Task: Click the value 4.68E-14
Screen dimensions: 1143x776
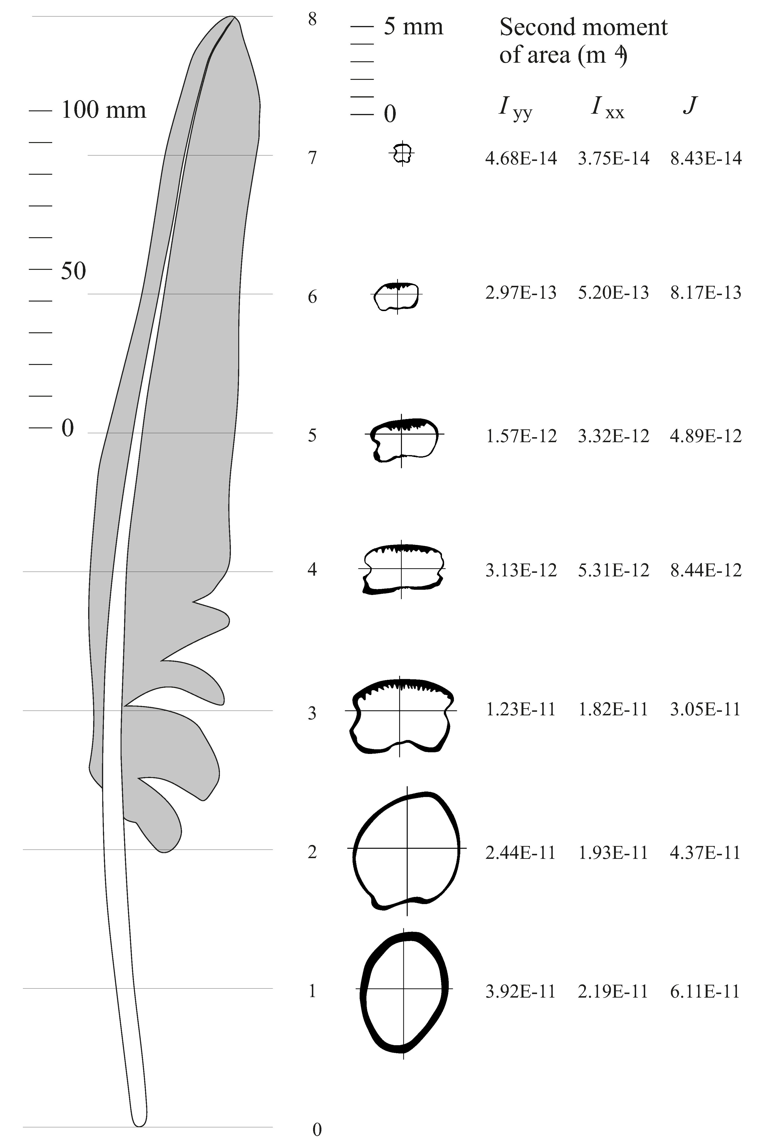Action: (x=521, y=158)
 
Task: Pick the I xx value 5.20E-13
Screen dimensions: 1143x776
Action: (x=613, y=293)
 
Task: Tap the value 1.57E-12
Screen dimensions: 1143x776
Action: (x=521, y=436)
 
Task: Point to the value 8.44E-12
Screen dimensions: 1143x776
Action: (x=705, y=570)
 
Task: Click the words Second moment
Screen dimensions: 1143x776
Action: (x=583, y=27)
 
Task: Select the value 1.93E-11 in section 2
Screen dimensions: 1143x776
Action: (x=613, y=852)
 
